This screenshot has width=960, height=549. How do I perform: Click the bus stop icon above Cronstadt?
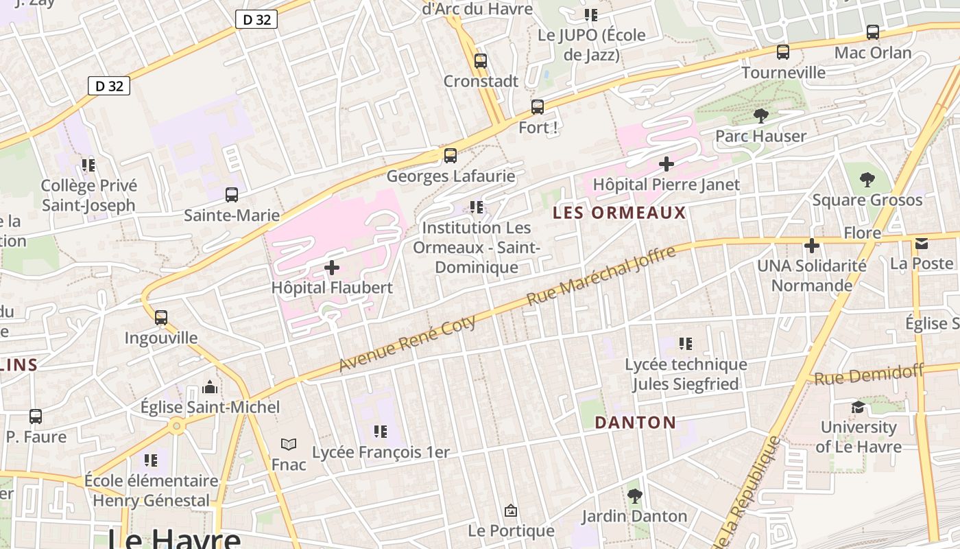(x=481, y=60)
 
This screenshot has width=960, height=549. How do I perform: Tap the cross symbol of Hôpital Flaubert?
(x=332, y=267)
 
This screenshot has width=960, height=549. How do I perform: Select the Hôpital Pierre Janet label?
(x=666, y=185)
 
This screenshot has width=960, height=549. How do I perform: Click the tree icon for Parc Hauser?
(x=760, y=115)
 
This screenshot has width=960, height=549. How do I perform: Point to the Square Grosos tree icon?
(x=867, y=180)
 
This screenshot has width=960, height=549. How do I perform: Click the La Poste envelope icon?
(x=922, y=244)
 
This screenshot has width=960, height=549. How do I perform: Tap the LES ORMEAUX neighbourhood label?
(x=619, y=213)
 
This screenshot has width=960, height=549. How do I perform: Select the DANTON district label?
(x=636, y=422)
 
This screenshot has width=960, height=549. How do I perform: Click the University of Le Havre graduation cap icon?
(x=858, y=407)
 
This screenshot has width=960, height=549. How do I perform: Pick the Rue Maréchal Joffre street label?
(x=601, y=277)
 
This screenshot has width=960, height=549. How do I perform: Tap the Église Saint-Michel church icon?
(x=210, y=388)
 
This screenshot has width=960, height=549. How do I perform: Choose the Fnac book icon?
(x=289, y=445)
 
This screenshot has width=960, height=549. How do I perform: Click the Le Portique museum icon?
(x=510, y=511)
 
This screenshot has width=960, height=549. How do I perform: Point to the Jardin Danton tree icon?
(x=634, y=495)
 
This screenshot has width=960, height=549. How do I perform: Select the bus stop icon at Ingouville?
(x=161, y=318)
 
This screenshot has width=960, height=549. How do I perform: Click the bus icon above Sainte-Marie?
(x=232, y=195)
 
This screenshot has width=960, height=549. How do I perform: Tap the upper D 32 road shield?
(x=256, y=20)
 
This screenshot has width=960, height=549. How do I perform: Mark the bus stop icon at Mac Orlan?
(x=872, y=32)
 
